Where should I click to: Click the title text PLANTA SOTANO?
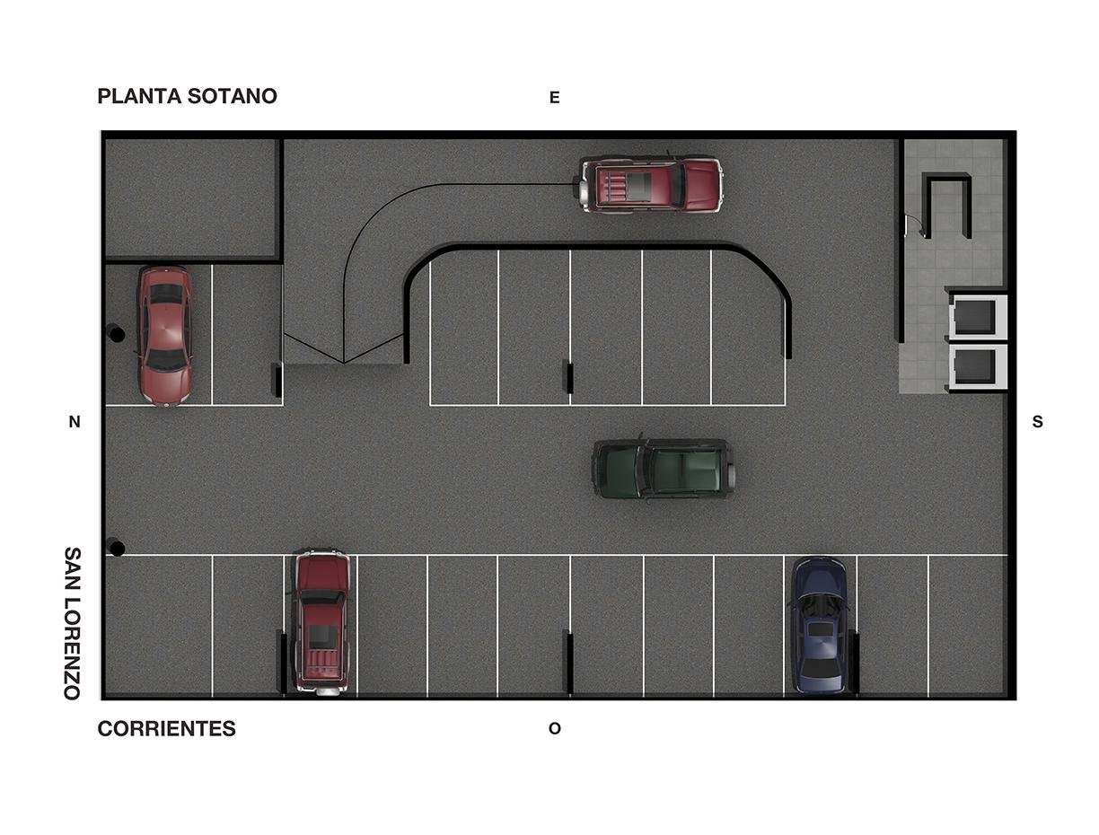pos(187,96)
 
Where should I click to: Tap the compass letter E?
pos(554,98)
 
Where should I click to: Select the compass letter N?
pos(75,422)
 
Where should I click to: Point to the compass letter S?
pos(1037,422)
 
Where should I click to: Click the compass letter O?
pos(554,728)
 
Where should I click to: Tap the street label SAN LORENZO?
pos(72,623)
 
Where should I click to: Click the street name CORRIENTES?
pos(167,729)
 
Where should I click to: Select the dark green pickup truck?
pos(664,469)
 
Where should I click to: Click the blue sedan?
pos(819,626)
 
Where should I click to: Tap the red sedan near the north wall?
pos(164,336)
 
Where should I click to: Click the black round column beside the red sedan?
pos(117,334)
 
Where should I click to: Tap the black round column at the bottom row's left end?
pos(117,549)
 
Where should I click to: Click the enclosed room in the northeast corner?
pos(192,198)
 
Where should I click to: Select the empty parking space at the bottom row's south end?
pos(967,625)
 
